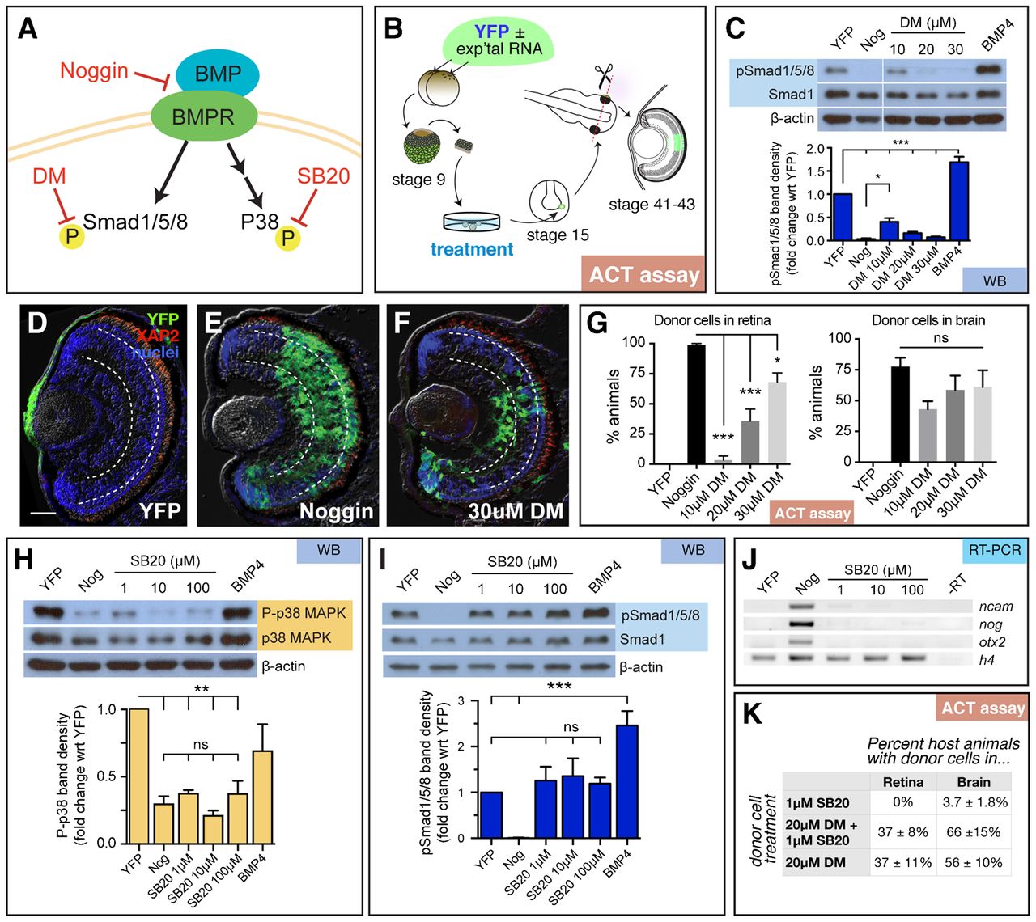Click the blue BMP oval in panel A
tap(218, 74)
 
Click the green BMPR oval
tap(203, 117)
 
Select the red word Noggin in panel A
tap(94, 71)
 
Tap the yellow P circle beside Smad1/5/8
tap(71, 237)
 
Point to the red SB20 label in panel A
tap(323, 176)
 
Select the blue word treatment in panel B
tap(472, 249)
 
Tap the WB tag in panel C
tap(995, 280)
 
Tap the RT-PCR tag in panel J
tap(994, 551)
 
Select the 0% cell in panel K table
tap(902, 802)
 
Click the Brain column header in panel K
tap(973, 781)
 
